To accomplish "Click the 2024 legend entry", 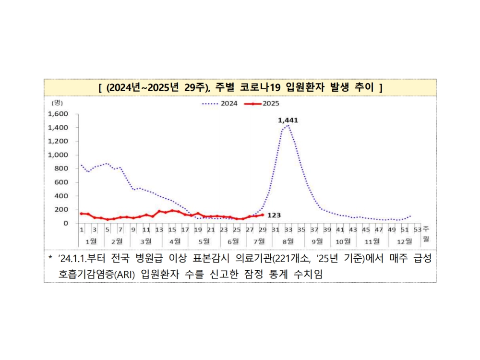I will pos(220,103).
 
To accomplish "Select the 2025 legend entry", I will pos(262,103).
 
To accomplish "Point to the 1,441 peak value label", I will pos(288,120).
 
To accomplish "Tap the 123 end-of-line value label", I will pos(274,215).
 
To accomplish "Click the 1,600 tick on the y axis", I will pos(59,114).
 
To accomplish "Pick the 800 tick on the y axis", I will pos(62,168).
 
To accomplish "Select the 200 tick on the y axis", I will pos(62,209).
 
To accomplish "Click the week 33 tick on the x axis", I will pos(288,230).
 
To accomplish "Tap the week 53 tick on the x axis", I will pos(418,230).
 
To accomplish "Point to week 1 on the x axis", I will pos(82,230).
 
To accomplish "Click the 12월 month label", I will pos(406,240).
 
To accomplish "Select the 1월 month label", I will pos(91,240).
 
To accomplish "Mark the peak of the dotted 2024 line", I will pos(288,126).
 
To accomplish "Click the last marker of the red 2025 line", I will pos(263,215).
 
